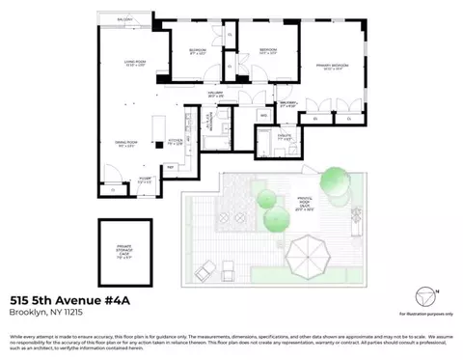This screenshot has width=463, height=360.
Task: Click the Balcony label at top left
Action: [124, 18]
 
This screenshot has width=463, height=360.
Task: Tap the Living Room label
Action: [132, 64]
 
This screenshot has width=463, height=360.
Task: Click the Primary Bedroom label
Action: [334, 68]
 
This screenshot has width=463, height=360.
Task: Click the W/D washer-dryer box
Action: [263, 116]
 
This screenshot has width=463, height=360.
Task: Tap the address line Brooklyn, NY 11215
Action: [46, 312]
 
